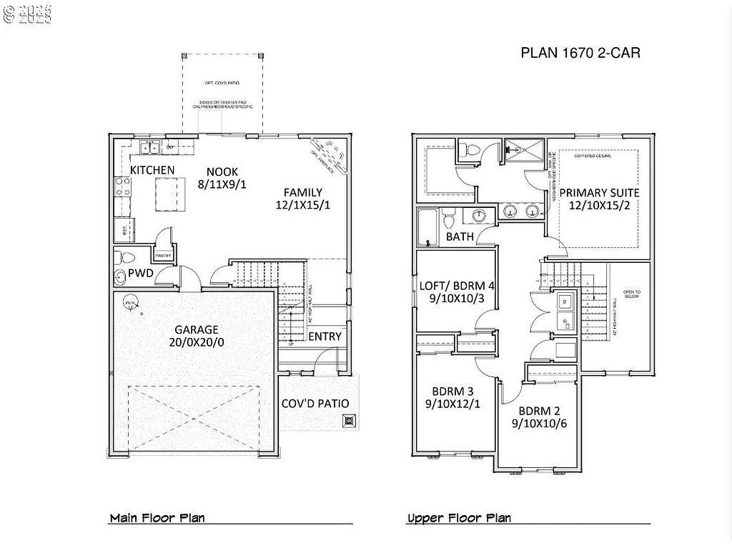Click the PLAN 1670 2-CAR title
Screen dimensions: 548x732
tap(580, 53)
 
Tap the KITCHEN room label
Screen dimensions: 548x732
tap(152, 170)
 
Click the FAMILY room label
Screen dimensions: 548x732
tap(302, 192)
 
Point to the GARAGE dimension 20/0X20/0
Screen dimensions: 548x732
tap(197, 342)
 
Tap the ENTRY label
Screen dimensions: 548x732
tap(325, 337)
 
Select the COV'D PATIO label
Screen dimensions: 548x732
tap(315, 404)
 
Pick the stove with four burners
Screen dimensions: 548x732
tap(122, 186)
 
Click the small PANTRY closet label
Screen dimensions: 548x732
tap(162, 255)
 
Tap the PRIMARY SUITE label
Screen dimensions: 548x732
tap(599, 193)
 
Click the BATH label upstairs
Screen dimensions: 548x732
tap(460, 236)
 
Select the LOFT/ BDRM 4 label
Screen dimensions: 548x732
tap(457, 286)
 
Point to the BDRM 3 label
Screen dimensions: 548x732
tap(452, 392)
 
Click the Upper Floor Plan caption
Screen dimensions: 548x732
tap(459, 518)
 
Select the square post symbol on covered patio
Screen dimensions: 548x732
tap(349, 421)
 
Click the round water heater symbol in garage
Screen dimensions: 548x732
tap(130, 302)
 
